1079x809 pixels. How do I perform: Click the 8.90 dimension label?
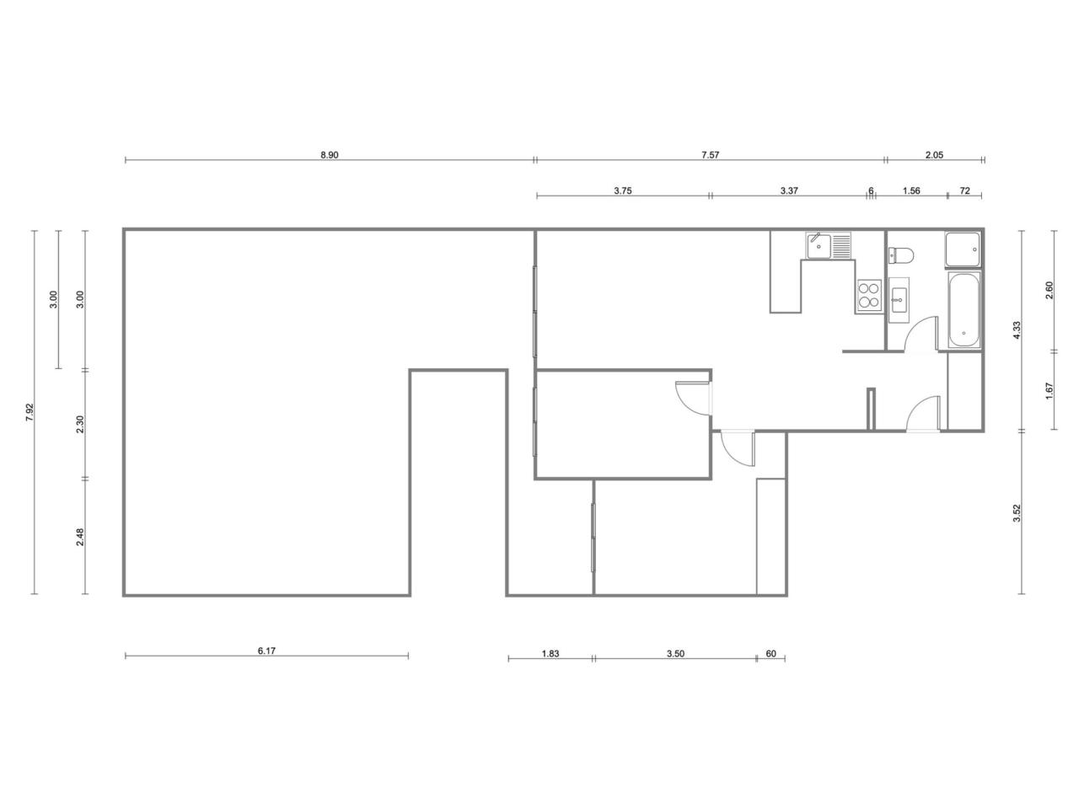point(330,155)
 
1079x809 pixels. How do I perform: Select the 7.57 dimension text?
point(710,155)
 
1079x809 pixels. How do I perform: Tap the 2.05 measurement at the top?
point(934,155)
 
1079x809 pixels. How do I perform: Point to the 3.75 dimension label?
point(622,191)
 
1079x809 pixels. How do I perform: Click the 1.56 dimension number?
point(911,191)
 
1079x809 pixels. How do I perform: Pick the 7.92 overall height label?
point(30,412)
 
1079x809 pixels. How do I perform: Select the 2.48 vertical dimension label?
point(81,537)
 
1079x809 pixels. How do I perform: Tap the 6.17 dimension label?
point(266,651)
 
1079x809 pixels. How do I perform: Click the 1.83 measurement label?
point(550,654)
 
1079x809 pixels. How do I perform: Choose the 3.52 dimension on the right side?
point(1017,514)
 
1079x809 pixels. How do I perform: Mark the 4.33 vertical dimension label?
point(1017,329)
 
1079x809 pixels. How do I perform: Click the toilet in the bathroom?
point(900,255)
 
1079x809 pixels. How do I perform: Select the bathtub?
point(964,310)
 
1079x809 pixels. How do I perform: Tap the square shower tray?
point(962,249)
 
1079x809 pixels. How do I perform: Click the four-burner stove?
point(869,296)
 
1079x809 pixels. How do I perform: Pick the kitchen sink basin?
point(819,246)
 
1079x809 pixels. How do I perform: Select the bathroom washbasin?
point(899,298)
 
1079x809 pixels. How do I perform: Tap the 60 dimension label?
point(770,654)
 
